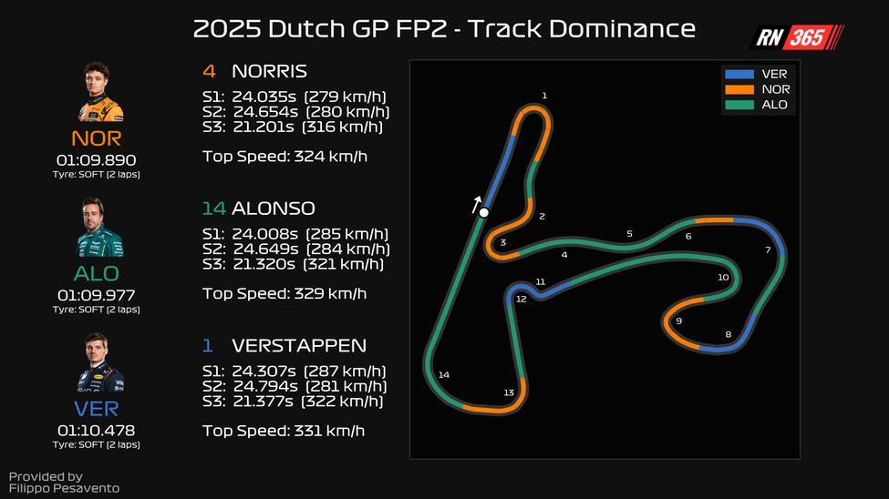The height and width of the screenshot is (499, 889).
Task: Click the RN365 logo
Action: pyautogui.click(x=796, y=37)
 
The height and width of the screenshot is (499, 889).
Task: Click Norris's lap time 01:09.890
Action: pyautogui.click(x=96, y=159)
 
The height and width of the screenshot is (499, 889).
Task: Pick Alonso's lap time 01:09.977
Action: pyautogui.click(x=96, y=295)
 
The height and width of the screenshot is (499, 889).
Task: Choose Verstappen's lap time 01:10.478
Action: pyautogui.click(x=96, y=430)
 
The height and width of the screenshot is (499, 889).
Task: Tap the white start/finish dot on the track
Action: pyautogui.click(x=484, y=213)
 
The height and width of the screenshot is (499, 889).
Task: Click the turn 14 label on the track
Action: pyautogui.click(x=444, y=374)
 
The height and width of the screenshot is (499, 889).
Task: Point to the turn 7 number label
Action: pyautogui.click(x=768, y=249)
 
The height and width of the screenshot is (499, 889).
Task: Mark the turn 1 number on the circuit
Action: pyautogui.click(x=544, y=96)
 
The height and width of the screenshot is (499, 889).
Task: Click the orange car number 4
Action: pyautogui.click(x=208, y=71)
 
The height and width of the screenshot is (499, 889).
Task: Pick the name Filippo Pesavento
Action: pyautogui.click(x=64, y=489)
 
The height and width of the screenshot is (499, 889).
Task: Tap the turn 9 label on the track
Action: pyautogui.click(x=678, y=321)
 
